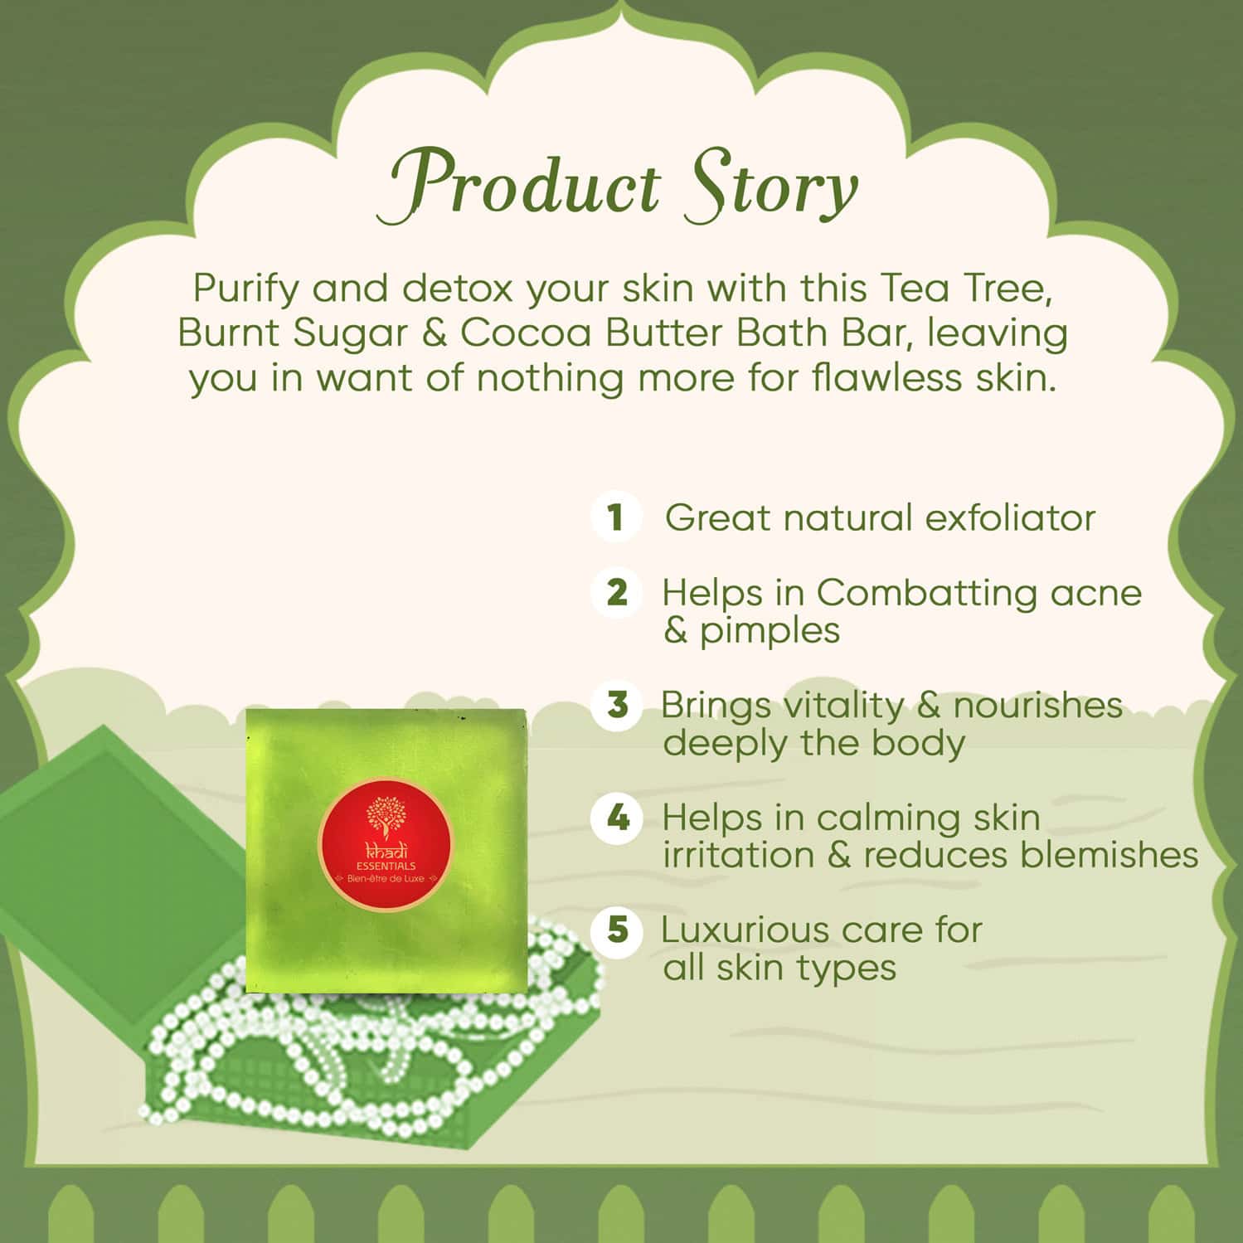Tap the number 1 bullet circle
[x=614, y=517]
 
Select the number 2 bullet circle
[x=616, y=593]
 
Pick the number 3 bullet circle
[x=617, y=706]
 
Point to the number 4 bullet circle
[x=617, y=818]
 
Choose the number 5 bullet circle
[x=617, y=930]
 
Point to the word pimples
[x=769, y=631]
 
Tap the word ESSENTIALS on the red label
[x=386, y=866]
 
